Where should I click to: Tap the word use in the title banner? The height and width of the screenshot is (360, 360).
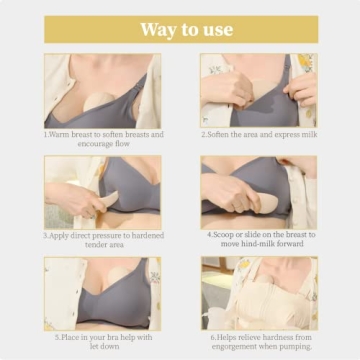click(x=213, y=28)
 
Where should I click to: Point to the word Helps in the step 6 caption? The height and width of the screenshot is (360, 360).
click(x=223, y=338)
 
